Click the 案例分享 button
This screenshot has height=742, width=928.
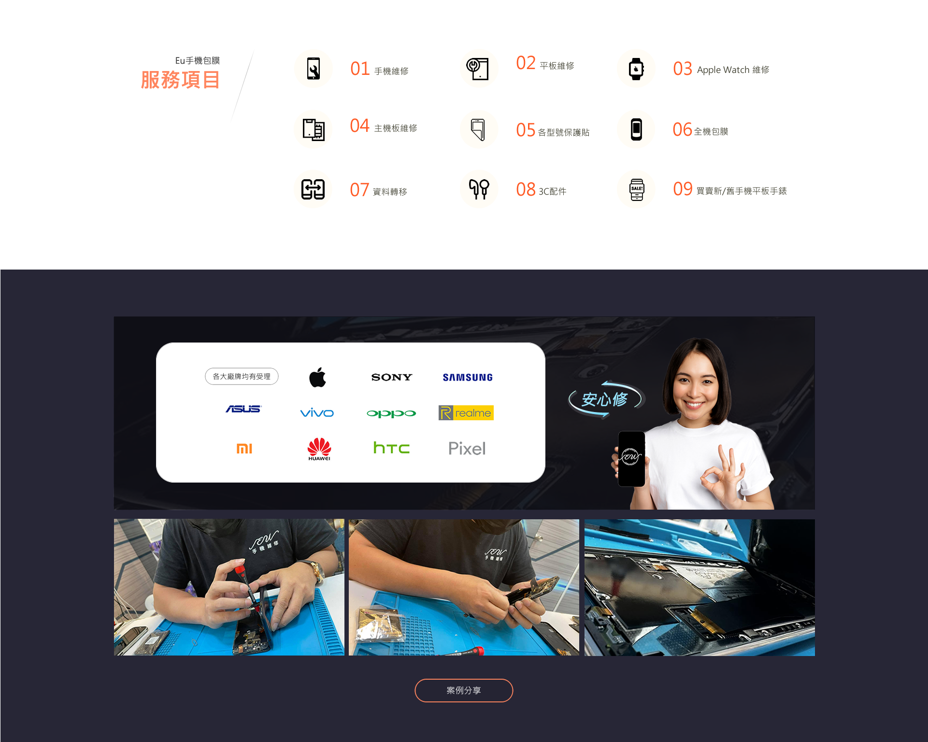coord(464,690)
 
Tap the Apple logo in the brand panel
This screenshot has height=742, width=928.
coord(318,377)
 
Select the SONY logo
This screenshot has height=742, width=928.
coord(392,377)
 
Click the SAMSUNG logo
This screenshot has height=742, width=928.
coord(468,377)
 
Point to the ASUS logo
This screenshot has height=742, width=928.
coord(243,409)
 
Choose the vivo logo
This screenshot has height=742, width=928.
coord(317,413)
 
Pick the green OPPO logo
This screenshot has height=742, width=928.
coord(391,414)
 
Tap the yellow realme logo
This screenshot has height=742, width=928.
coord(466,413)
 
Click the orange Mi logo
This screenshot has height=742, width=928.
coord(244,449)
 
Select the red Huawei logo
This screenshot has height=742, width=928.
coord(319,449)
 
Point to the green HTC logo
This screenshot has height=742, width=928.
coord(391,448)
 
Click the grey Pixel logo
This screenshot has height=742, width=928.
coord(467,449)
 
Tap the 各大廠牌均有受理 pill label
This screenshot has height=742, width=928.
coord(242,376)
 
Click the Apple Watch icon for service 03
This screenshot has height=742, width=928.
coord(636,69)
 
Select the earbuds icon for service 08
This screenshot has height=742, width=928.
coord(479,189)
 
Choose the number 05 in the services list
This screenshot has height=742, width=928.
coord(526,130)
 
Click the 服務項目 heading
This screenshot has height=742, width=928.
coord(180,80)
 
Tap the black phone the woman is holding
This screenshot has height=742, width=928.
coord(631,458)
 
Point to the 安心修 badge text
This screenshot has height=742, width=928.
coord(604,400)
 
